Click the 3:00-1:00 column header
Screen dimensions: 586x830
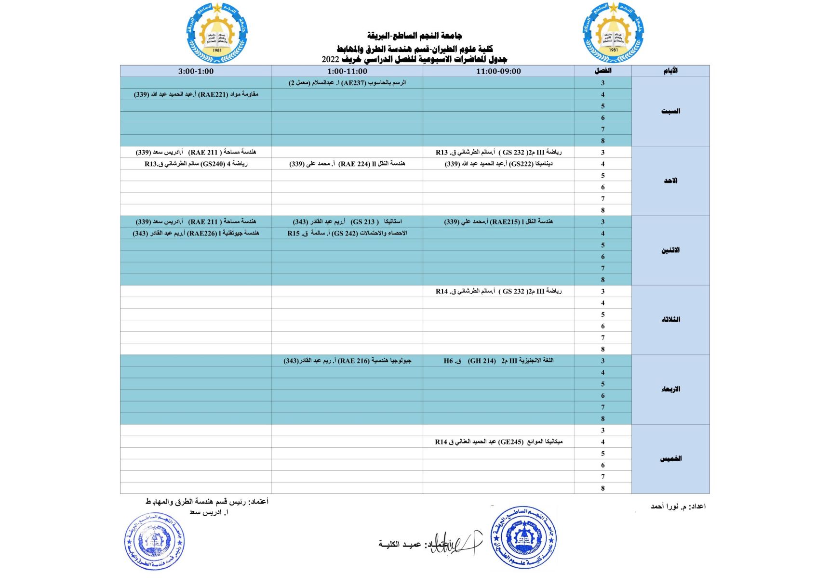[x=196, y=71]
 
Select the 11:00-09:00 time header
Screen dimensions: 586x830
[x=498, y=71]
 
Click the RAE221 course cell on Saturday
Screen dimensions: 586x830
[x=196, y=94]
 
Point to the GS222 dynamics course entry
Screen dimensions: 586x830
[x=498, y=164]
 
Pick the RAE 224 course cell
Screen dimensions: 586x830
[x=347, y=164]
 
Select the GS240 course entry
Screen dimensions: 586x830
[x=196, y=164]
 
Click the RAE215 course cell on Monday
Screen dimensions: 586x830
[x=498, y=221]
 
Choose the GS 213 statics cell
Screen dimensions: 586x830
[x=347, y=221]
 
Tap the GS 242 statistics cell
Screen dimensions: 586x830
[x=347, y=233]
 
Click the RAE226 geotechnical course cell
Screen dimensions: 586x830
[x=196, y=233]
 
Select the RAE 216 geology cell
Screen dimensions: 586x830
[x=347, y=361]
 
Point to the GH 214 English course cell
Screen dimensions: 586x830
[x=498, y=361]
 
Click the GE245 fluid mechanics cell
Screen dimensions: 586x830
[x=498, y=442]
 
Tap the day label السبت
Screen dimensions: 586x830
[x=670, y=111]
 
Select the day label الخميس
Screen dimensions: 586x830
[x=670, y=459]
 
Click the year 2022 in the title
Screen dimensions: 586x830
[x=331, y=60]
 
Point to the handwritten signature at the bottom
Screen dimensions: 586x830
[x=455, y=543]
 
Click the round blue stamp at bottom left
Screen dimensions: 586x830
[x=154, y=541]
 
